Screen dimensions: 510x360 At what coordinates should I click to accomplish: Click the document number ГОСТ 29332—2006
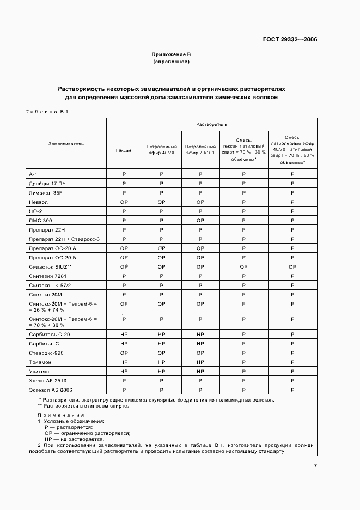click(x=290, y=39)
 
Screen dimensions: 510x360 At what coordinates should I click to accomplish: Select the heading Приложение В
click(x=171, y=54)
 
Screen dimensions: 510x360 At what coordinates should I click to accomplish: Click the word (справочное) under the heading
click(x=171, y=62)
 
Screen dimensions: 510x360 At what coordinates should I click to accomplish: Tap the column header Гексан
click(x=124, y=150)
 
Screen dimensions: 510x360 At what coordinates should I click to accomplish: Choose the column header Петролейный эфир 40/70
click(x=161, y=150)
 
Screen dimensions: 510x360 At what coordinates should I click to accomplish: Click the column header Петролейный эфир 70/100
click(x=200, y=150)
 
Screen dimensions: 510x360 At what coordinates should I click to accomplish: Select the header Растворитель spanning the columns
click(x=211, y=125)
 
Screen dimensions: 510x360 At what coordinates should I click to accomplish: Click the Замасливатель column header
click(x=66, y=144)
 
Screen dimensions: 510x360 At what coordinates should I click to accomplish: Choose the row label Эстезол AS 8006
click(x=51, y=390)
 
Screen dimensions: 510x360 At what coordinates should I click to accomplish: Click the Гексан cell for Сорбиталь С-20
click(x=124, y=333)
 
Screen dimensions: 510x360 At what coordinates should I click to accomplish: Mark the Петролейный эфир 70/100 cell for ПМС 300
click(x=200, y=220)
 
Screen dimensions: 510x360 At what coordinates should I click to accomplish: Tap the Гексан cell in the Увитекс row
click(x=124, y=371)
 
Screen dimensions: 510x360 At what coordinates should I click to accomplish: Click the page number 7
click(x=315, y=465)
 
